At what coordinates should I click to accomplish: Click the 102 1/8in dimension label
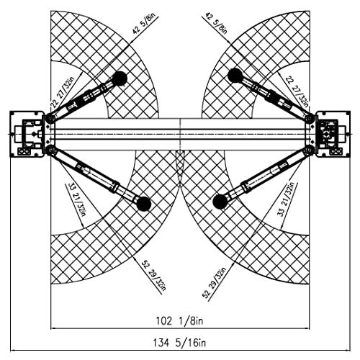pyautogui.click(x=179, y=320)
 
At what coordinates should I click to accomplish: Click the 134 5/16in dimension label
pyautogui.click(x=179, y=343)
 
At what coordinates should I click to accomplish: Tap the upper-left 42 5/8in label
pyautogui.click(x=144, y=23)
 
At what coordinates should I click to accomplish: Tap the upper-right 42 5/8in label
pyautogui.click(x=216, y=24)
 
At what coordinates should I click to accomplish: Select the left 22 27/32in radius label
pyautogui.click(x=63, y=91)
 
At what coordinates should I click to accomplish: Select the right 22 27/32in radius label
pyautogui.click(x=297, y=91)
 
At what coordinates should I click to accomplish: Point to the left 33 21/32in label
pyautogui.click(x=76, y=199)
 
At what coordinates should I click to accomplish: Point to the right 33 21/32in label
pyautogui.click(x=286, y=199)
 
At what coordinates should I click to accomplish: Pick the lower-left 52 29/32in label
pyautogui.click(x=153, y=276)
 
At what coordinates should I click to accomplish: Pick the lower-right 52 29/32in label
pyautogui.click(x=215, y=283)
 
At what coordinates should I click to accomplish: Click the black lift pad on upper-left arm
pyautogui.click(x=120, y=78)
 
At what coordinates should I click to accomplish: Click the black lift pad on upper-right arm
pyautogui.click(x=235, y=76)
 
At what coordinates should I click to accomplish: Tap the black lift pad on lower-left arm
pyautogui.click(x=144, y=204)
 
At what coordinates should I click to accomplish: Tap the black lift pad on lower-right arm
pyautogui.click(x=220, y=201)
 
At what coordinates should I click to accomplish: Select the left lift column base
pyautogui.click(x=27, y=134)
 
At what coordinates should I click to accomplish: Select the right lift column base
pyautogui.click(x=333, y=134)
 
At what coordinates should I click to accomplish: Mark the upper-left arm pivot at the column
pyautogui.click(x=50, y=118)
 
